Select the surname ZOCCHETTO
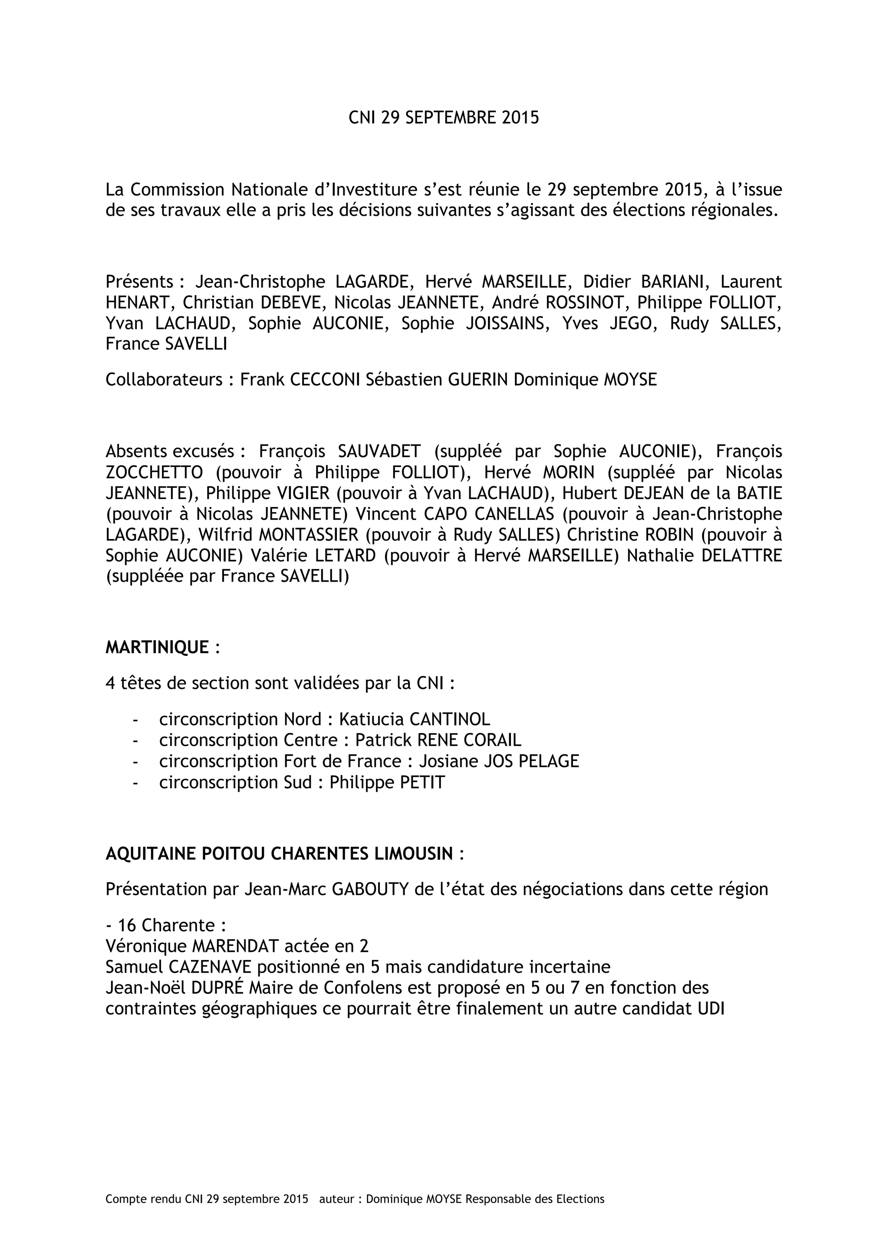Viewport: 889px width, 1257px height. pos(155,472)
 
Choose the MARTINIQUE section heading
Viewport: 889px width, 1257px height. pos(157,647)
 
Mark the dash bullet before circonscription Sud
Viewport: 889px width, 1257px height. pos(135,782)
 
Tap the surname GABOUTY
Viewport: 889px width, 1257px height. pos(371,889)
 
